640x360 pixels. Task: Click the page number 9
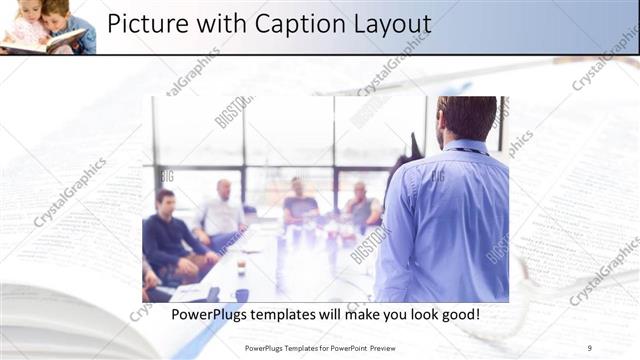[x=590, y=347]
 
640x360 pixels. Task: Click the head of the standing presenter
[x=466, y=117]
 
